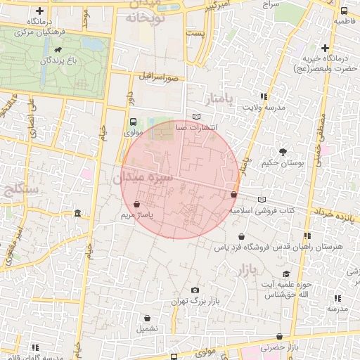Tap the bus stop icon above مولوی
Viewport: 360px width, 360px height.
pyautogui.click(x=133, y=122)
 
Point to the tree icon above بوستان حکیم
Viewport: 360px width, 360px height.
pyautogui.click(x=283, y=151)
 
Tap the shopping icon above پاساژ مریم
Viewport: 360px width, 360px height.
pyautogui.click(x=136, y=204)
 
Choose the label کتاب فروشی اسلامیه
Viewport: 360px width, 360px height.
pyautogui.click(x=262, y=210)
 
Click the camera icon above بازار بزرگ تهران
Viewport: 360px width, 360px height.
pyautogui.click(x=195, y=290)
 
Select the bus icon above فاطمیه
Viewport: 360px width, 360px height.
pyautogui.click(x=344, y=11)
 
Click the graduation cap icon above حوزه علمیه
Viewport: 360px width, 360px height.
pyautogui.click(x=285, y=274)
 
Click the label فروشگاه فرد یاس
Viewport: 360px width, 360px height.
pyautogui.click(x=242, y=247)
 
